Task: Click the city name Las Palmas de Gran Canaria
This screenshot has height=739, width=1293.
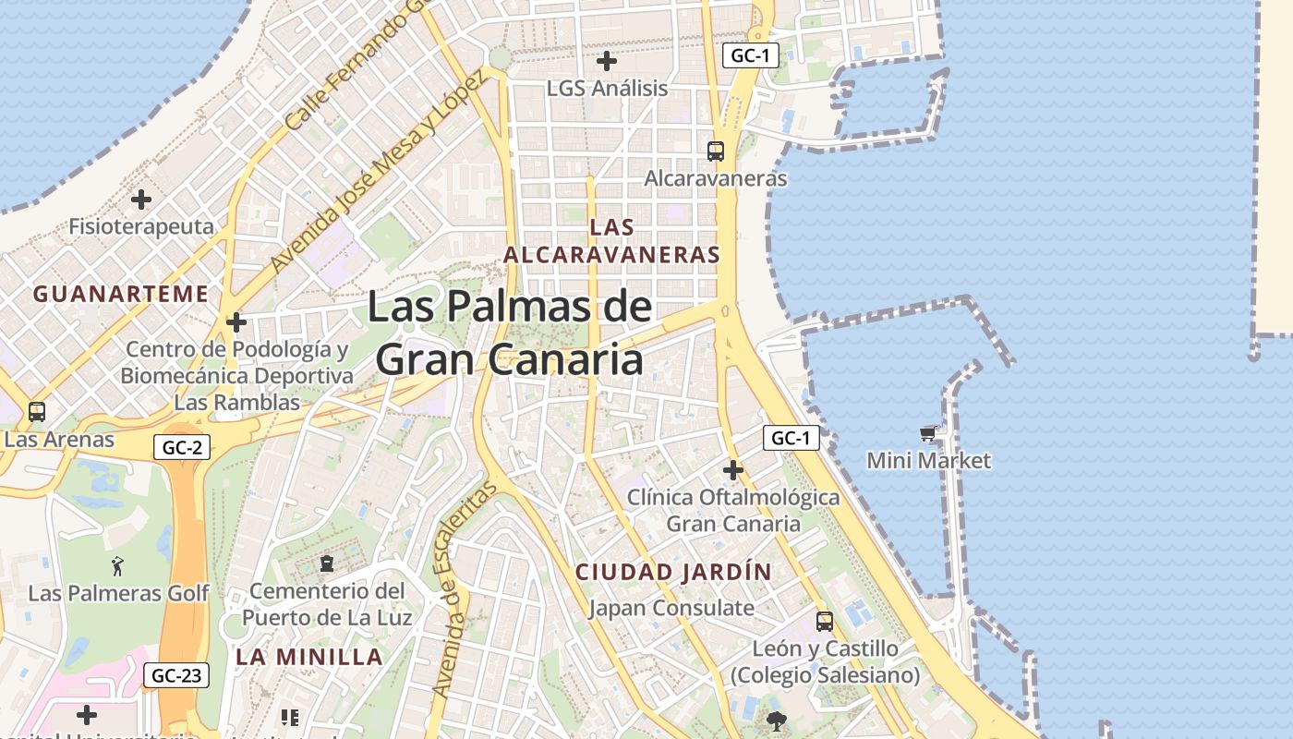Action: pyautogui.click(x=510, y=333)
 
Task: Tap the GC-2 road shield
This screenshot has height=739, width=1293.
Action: pyautogui.click(x=182, y=448)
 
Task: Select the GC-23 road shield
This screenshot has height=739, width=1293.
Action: pyautogui.click(x=176, y=675)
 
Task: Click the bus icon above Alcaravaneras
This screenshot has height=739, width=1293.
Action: pyautogui.click(x=715, y=151)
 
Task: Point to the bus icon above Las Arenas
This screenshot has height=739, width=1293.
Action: pyautogui.click(x=37, y=412)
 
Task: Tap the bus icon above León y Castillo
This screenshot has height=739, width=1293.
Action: pyautogui.click(x=825, y=621)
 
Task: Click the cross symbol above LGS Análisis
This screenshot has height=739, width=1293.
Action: pyautogui.click(x=607, y=62)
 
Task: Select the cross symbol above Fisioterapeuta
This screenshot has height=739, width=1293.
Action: pyautogui.click(x=141, y=199)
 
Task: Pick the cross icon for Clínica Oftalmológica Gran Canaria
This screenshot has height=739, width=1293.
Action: pyautogui.click(x=733, y=470)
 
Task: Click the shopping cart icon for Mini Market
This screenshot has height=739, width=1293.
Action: pyautogui.click(x=927, y=433)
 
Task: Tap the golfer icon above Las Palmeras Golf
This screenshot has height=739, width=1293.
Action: pyautogui.click(x=117, y=565)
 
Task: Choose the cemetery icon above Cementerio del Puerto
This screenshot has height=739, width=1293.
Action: pyautogui.click(x=326, y=563)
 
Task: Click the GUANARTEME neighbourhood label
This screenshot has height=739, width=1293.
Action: pyautogui.click(x=121, y=294)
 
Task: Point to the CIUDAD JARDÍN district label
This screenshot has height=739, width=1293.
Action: pyautogui.click(x=673, y=572)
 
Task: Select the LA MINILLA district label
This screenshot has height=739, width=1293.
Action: pyautogui.click(x=309, y=657)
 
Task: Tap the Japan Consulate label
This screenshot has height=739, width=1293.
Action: pyautogui.click(x=671, y=608)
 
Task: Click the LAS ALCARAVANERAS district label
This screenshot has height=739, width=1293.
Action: pyautogui.click(x=612, y=240)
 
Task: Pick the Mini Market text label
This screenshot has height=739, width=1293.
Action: pyautogui.click(x=928, y=460)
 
